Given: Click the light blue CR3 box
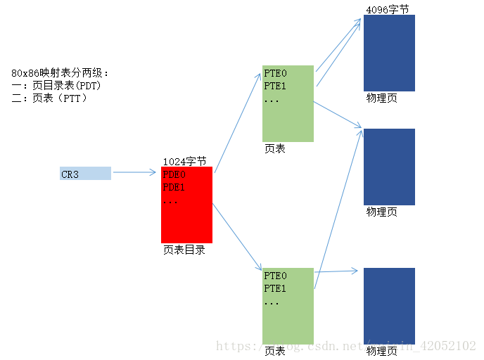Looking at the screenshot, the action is tap(85, 174).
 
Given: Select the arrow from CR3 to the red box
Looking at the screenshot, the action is tap(134, 172).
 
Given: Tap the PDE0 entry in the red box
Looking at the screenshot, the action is tap(174, 174).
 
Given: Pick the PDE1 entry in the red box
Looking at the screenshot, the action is tap(174, 188).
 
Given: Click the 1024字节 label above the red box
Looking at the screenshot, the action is tap(184, 161).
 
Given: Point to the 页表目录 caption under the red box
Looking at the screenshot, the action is tap(184, 250).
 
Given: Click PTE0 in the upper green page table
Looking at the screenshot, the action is tap(275, 73).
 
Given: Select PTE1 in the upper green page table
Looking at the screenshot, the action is tap(275, 86).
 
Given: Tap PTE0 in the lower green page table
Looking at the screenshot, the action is tap(275, 276).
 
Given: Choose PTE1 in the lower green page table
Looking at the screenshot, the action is tap(275, 288).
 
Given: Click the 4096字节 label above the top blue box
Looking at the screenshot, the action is tap(387, 9).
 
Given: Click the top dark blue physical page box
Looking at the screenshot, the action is tap(389, 53).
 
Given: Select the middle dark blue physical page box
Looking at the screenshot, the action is tap(389, 167).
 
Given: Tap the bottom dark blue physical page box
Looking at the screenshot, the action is tap(389, 306).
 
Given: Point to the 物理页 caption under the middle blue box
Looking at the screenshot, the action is tap(381, 212).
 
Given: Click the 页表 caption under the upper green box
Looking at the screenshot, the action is tap(274, 148).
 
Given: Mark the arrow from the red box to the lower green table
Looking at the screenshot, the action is tap(236, 237).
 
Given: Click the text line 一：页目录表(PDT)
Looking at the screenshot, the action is tap(56, 86).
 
